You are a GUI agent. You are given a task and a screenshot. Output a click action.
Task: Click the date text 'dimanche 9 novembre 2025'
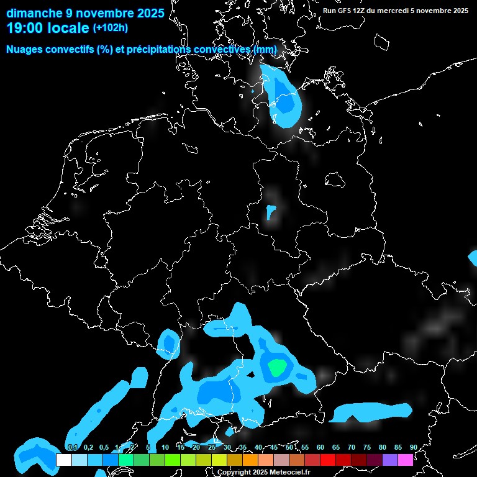coord(85,12)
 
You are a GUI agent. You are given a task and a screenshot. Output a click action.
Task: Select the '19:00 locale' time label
coord(47,28)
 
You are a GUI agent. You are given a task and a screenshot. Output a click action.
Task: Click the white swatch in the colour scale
coord(63,460)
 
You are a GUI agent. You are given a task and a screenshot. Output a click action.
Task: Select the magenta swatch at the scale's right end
coord(406,460)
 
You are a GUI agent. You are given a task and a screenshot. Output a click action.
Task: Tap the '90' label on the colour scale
coord(413,447)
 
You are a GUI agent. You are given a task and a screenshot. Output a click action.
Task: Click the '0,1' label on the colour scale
coord(72,447)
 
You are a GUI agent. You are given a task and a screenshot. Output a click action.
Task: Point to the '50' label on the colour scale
coord(289,447)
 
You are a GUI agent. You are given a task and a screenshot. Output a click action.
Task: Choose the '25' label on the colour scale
coord(212,447)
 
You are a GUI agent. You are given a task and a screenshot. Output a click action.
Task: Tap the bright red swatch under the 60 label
coord(328,460)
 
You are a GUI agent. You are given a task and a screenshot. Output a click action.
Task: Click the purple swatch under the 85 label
coord(390,460)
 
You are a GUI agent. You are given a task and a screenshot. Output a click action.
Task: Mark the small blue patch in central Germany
coord(271,212)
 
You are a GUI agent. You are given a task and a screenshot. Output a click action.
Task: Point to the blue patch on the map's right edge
coord(473,258)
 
